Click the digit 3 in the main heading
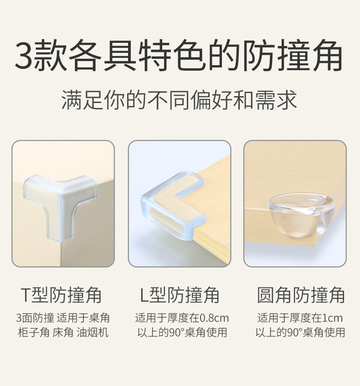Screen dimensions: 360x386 24,55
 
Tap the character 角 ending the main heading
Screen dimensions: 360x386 327,55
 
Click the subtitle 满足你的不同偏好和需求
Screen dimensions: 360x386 180,100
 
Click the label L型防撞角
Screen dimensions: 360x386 180,295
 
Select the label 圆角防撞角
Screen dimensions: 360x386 301,295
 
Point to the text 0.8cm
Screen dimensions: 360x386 214,318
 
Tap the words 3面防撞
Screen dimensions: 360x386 35,318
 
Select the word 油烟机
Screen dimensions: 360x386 93,332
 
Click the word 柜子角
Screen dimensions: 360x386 34,332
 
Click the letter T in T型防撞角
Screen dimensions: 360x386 26,295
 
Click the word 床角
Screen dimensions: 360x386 63,332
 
